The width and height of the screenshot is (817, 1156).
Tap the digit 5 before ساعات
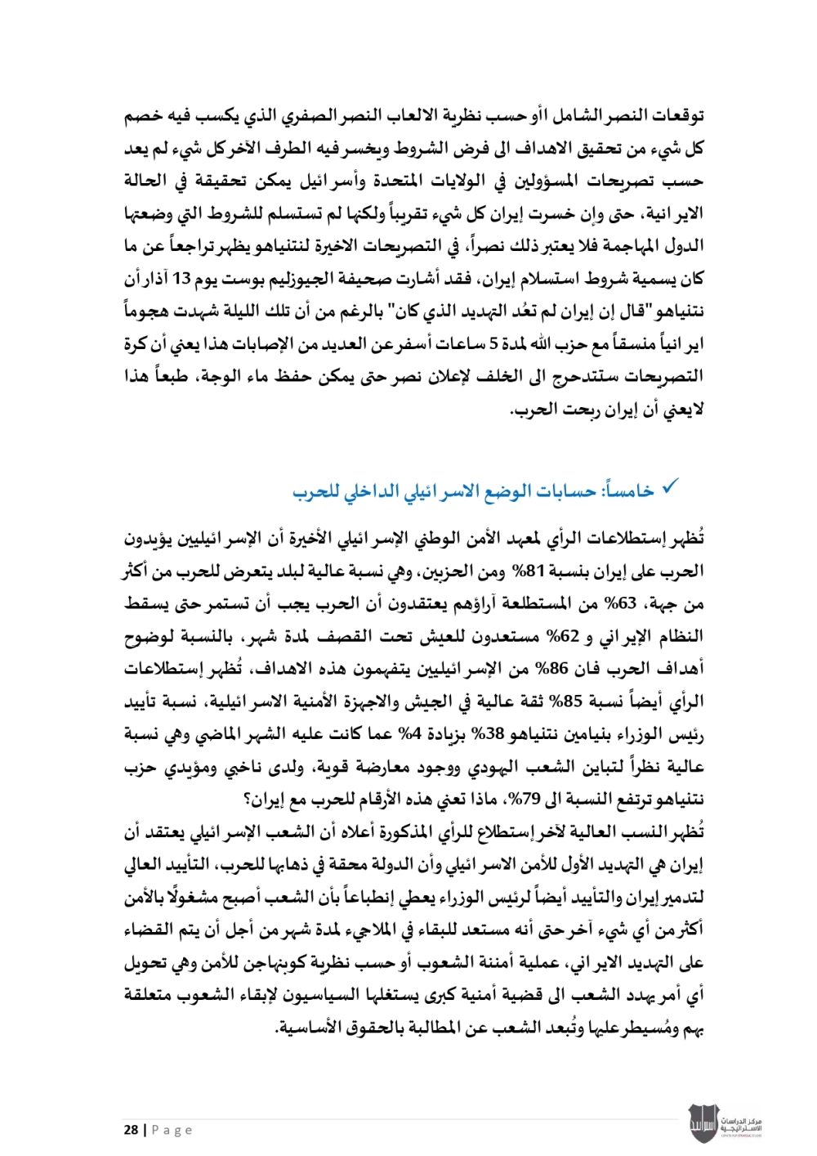[493, 344]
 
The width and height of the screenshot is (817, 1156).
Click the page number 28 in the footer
[131, 1130]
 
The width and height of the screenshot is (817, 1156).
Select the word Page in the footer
[172, 1130]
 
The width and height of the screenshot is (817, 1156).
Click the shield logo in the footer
[702, 1123]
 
